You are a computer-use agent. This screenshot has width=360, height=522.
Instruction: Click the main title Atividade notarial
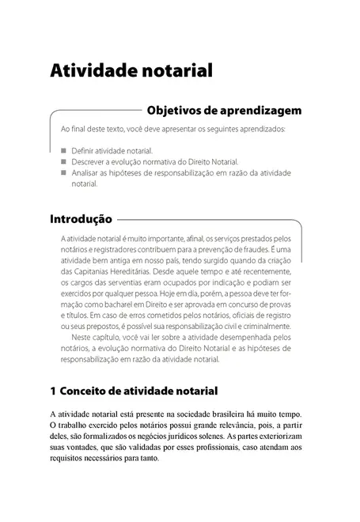coord(131,70)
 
